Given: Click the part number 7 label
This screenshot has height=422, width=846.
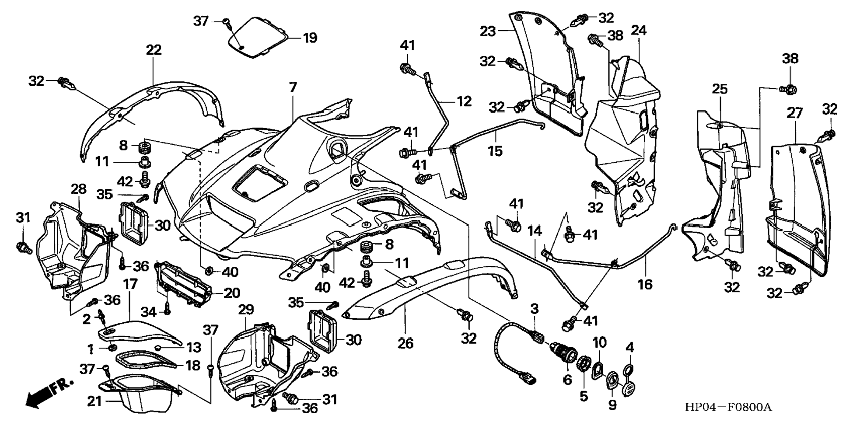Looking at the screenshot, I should click(x=293, y=87).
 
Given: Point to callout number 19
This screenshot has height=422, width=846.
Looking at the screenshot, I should click(x=310, y=38).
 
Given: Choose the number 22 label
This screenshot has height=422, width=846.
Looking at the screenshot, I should click(x=154, y=50).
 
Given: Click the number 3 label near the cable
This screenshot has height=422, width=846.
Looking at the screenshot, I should click(x=535, y=309).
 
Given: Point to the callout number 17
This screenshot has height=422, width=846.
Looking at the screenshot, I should click(x=130, y=285).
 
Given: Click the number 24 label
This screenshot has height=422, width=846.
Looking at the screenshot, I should click(x=639, y=31).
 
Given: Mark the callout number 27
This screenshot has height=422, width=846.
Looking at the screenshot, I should click(x=794, y=113).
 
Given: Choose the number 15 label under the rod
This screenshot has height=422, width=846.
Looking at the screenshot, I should click(x=496, y=151).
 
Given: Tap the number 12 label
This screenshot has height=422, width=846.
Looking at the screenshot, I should click(x=464, y=101).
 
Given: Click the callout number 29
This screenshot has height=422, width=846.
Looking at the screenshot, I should click(x=246, y=310).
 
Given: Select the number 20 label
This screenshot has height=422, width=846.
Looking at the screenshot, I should click(x=231, y=293).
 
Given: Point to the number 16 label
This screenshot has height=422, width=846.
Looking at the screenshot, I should click(x=645, y=284).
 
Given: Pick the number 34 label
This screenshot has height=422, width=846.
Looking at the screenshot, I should click(x=149, y=312).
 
